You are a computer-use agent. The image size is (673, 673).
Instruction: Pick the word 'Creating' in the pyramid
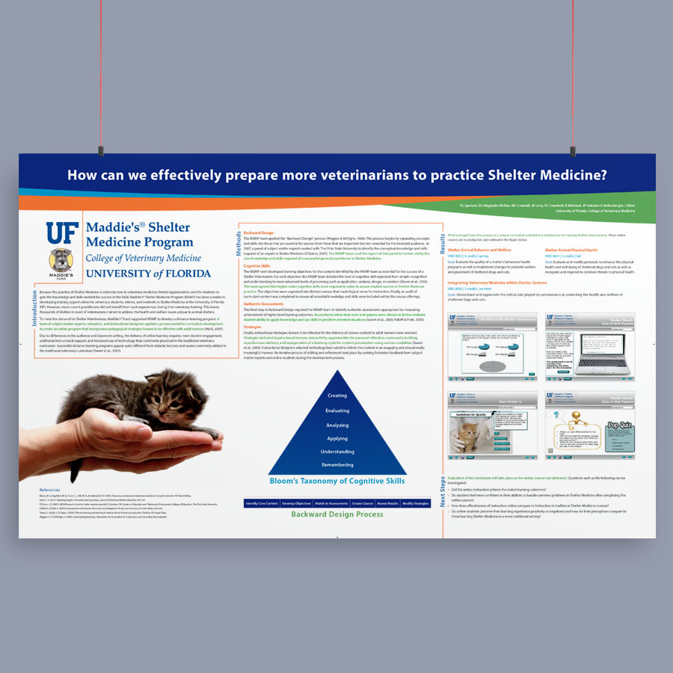tap(337, 396)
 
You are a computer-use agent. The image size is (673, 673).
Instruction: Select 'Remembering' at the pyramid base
tap(337, 465)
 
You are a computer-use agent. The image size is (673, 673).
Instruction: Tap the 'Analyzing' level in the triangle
tap(337, 425)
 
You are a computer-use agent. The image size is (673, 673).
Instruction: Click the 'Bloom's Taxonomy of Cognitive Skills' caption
tap(337, 481)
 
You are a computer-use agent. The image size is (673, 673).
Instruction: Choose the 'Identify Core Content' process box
tap(262, 504)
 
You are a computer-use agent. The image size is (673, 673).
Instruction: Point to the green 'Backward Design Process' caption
tap(337, 514)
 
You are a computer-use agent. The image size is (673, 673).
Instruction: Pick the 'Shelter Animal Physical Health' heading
tap(571, 250)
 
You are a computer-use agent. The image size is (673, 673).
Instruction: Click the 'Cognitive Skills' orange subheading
tap(257, 265)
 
